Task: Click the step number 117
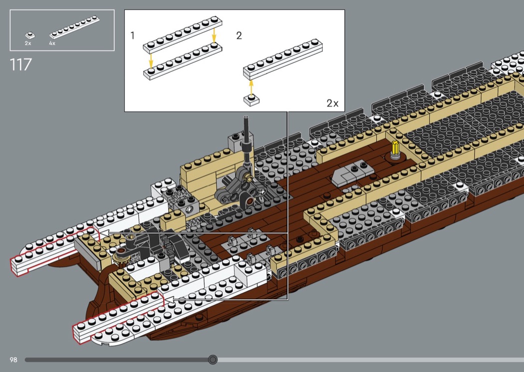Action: coord(20,64)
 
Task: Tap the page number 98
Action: coord(13,360)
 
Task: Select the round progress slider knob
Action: coord(213,360)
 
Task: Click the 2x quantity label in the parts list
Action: coord(28,43)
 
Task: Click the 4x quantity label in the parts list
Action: coord(52,43)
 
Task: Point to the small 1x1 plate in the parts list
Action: coord(30,35)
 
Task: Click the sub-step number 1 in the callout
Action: coord(132,36)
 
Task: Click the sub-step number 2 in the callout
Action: coord(239,36)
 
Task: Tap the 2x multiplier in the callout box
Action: coord(332,103)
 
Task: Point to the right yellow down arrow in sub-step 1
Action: coord(214,35)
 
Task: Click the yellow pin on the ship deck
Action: coord(394,149)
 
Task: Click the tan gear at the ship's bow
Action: coord(120,256)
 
